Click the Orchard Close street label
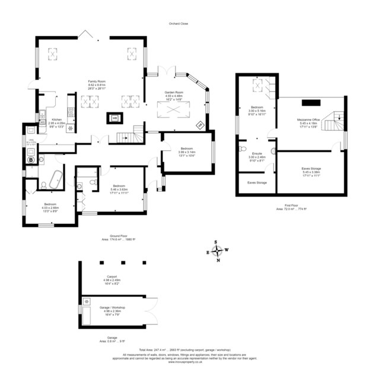click(179, 23)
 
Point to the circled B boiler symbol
click(31, 159)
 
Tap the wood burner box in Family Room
click(114, 118)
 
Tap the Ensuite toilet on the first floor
click(242, 149)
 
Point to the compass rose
click(217, 249)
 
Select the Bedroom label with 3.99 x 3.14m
click(186, 150)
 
